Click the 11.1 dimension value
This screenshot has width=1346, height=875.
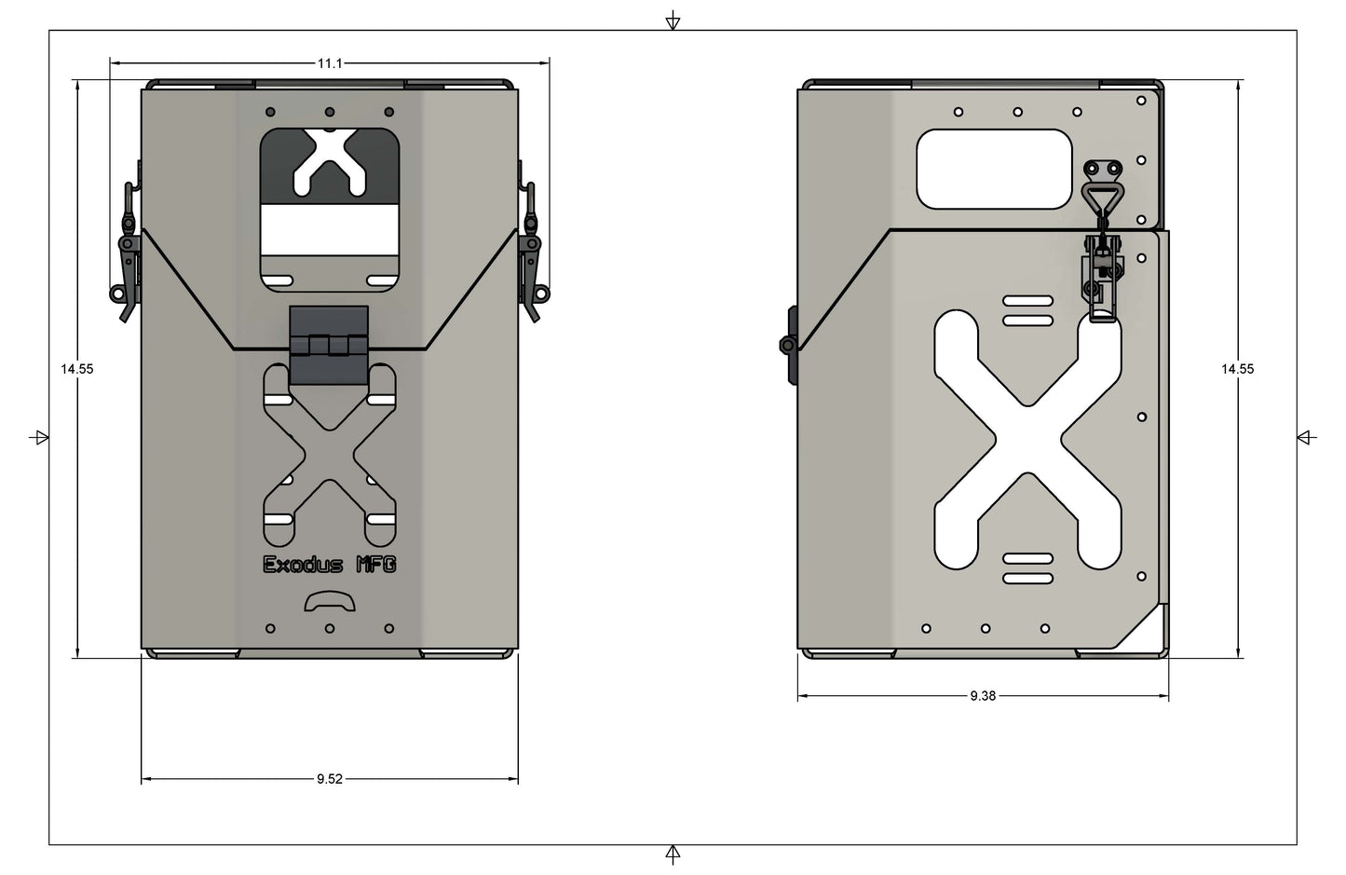point(330,63)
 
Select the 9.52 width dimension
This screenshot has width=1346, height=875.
point(329,779)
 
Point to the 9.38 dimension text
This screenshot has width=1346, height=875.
point(983,696)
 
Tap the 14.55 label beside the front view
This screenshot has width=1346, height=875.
point(77,369)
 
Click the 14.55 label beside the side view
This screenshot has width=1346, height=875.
point(1237,369)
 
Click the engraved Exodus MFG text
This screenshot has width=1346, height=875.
point(330,565)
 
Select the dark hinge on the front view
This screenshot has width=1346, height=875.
point(329,346)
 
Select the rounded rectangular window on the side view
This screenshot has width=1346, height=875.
point(994,169)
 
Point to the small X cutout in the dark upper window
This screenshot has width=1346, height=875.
point(329,161)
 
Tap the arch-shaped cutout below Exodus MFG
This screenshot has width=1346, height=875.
point(330,603)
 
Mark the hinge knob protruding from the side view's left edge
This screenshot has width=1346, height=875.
point(789,345)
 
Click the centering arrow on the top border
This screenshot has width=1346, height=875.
point(673,21)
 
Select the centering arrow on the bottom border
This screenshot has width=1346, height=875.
point(673,854)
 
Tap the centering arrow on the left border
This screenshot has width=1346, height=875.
point(39,437)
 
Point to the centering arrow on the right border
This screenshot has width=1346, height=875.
point(1306,437)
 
